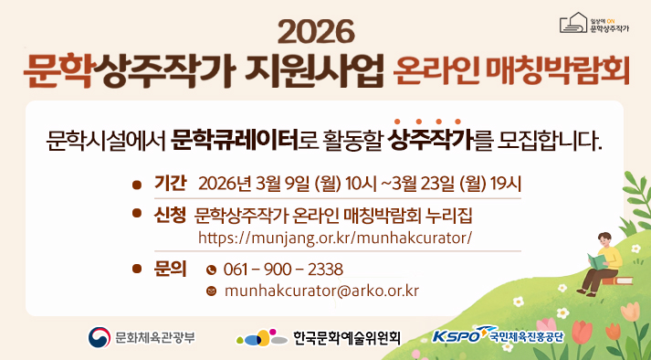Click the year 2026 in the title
315,32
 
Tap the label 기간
171,182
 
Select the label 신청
171,215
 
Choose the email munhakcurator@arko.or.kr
320,291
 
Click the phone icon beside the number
212,270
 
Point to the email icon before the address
212,292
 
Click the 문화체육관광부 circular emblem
98,336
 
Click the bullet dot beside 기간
137,183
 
